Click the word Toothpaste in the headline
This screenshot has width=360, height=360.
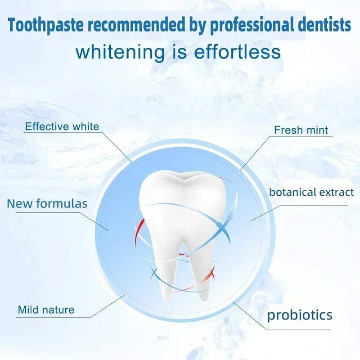45,25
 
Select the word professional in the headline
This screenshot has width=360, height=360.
252,25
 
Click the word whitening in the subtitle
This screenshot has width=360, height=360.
120,53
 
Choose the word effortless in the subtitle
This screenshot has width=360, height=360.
238,52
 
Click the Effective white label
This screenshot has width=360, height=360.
62,126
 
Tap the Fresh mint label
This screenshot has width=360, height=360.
301,130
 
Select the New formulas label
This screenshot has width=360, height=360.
47,204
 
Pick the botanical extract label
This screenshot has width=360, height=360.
311,192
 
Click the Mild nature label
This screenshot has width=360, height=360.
46,310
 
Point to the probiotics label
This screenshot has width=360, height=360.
300,315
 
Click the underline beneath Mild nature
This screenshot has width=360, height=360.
53,318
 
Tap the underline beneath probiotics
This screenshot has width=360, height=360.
298,330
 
